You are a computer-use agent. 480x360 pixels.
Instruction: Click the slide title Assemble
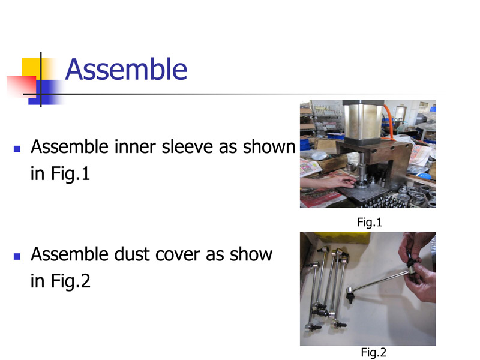click(x=126, y=70)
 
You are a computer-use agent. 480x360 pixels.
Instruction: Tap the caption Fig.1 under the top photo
click(x=370, y=222)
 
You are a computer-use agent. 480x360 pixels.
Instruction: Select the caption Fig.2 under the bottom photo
click(x=373, y=352)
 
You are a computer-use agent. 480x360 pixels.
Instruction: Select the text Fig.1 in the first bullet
click(x=70, y=174)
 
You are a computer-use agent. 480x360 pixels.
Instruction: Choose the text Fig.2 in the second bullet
click(x=71, y=281)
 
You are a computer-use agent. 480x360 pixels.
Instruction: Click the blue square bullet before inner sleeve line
click(x=17, y=149)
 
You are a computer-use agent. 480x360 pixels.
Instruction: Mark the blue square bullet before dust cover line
click(x=17, y=256)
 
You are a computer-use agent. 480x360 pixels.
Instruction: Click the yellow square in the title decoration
click(x=32, y=67)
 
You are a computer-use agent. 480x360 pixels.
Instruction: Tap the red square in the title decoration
click(x=22, y=87)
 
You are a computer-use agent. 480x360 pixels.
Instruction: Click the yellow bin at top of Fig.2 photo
click(x=342, y=237)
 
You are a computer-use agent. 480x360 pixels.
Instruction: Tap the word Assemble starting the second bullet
click(x=69, y=254)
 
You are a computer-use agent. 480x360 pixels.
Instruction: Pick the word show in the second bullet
click(x=251, y=254)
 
